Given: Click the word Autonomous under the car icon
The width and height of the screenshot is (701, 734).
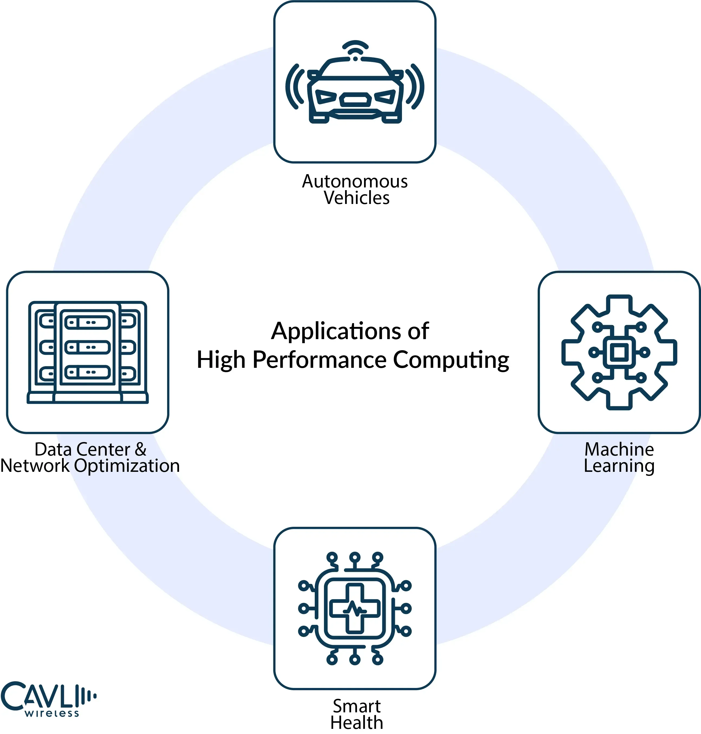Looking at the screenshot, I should coord(355,182).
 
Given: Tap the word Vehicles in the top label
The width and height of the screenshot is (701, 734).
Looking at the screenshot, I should coord(356,198).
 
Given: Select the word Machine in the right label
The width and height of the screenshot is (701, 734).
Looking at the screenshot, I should coord(619,450).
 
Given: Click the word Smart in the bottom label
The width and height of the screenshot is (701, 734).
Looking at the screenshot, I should coord(356,706).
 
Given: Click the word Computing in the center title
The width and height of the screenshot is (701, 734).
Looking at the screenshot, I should coord(451,360).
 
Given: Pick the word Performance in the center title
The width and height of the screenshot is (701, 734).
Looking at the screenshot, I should coord(319,360).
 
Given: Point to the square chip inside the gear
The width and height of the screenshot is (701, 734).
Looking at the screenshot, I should coord(619,352).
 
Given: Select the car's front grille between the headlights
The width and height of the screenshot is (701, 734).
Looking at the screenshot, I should coord(355,100).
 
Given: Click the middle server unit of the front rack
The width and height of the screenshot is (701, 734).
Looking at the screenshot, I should coord(87,347).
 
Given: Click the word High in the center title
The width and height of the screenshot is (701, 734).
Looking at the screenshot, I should coord(221,360).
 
